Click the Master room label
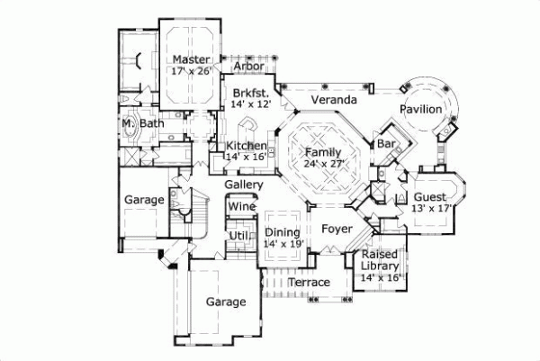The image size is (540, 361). pos(192,59)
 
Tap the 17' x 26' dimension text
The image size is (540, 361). pos(191,71)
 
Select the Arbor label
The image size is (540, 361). pos(248,67)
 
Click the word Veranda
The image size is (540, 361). pos(328,98)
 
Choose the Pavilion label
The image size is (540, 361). pos(421,109)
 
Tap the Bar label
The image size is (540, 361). pos(388,143)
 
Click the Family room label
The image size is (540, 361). pos(322,152)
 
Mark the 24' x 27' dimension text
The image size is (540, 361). pos(322,164)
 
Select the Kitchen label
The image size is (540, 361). pos(246,146)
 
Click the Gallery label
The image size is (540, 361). pos(244,185)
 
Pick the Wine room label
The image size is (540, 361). pos(242,206)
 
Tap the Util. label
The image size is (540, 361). pos(238,236)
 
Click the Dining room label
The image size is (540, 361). pos(282,232)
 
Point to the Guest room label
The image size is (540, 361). pos(429,196)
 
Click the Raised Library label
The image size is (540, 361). pos(379,261)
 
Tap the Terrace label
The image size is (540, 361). pos(309,283)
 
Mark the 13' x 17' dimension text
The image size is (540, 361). pos(429,208)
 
